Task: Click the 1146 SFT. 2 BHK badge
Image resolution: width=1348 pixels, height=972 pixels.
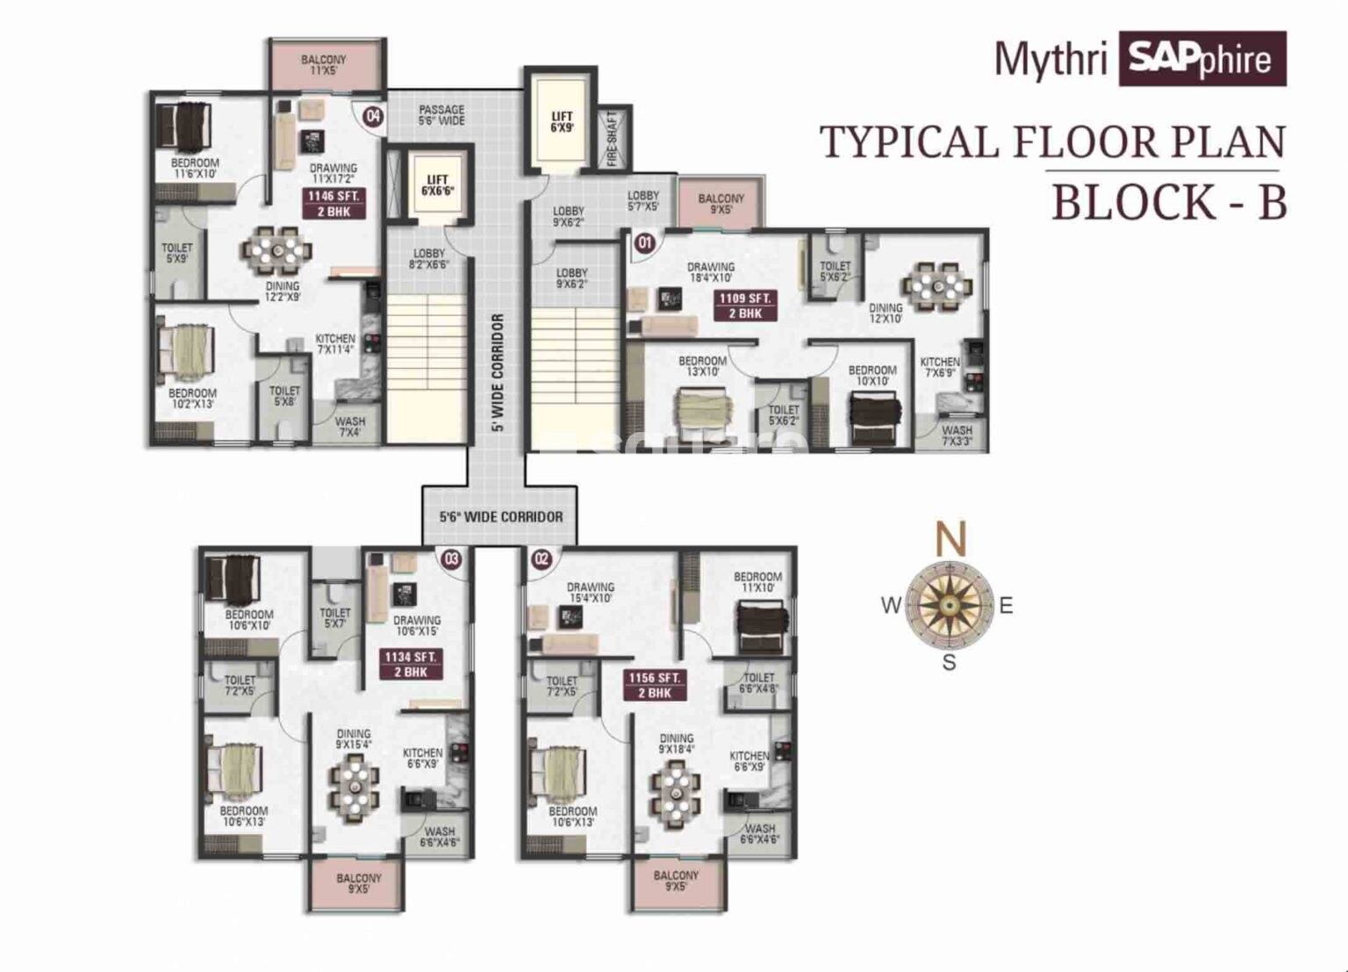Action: point(333,204)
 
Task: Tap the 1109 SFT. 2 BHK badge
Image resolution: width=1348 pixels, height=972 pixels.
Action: point(744,306)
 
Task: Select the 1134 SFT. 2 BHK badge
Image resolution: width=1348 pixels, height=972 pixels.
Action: point(410,665)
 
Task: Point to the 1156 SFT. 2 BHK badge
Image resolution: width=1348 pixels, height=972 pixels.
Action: point(654,685)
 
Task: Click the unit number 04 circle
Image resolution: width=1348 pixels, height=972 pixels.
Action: point(373,116)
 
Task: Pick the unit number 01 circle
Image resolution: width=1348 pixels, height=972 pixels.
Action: point(645,242)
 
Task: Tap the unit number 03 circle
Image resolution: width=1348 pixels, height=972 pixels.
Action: point(451,558)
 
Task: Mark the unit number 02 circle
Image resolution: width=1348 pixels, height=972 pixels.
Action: point(541,558)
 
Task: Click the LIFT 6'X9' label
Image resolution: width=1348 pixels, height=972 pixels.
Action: point(562,122)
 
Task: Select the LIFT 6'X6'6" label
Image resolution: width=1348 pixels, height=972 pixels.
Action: point(437,185)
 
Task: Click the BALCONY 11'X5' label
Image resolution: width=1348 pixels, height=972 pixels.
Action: point(324,65)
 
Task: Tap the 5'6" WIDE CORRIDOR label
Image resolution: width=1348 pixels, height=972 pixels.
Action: point(501,517)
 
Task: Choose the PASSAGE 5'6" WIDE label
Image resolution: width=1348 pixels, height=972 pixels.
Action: point(441,115)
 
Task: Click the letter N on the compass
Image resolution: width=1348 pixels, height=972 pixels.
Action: point(950,538)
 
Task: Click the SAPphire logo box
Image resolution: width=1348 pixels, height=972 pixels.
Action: point(1201,59)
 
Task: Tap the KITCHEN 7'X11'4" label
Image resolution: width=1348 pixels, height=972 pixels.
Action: point(335,343)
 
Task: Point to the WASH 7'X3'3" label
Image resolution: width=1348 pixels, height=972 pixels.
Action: point(956,436)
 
